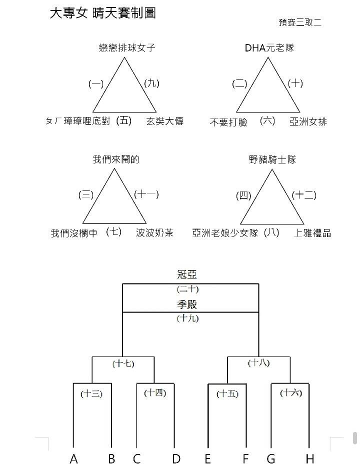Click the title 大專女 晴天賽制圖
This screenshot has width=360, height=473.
tap(102, 13)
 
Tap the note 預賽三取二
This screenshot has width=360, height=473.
tap(300, 22)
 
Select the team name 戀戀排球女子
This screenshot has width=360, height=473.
tap(127, 47)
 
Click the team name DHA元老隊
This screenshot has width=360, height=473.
tap(269, 47)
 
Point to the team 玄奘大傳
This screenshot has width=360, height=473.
tap(165, 121)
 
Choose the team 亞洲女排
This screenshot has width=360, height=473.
tap(308, 122)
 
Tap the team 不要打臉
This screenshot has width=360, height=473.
tap(228, 122)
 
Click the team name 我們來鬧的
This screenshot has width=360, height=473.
tap(116, 159)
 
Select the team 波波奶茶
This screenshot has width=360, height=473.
tap(154, 233)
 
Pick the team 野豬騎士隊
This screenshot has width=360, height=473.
tap(272, 159)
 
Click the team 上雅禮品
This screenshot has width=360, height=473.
tap(312, 233)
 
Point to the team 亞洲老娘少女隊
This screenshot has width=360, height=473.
tap(225, 233)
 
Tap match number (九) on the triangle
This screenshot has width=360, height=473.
tap(152, 83)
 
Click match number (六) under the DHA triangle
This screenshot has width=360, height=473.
tap(267, 121)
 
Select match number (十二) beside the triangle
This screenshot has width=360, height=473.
tap(304, 195)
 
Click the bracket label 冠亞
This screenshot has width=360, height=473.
tap(187, 274)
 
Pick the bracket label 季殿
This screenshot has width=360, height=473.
tap(187, 304)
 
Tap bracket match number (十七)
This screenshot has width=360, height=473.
tap(123, 363)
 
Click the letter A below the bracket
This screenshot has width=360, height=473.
tap(74, 459)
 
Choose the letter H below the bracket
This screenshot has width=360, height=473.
tap(310, 459)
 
